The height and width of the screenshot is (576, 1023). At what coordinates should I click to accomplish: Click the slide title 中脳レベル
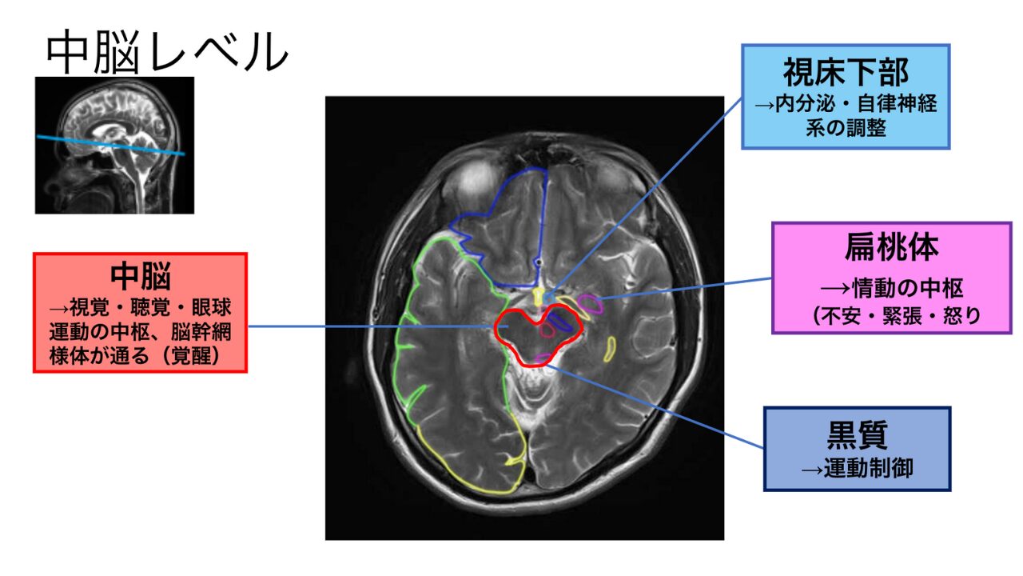tap(166, 53)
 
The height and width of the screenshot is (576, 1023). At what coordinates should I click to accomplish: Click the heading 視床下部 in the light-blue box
tap(846, 73)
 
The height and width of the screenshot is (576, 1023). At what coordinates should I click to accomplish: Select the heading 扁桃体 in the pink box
tap(891, 249)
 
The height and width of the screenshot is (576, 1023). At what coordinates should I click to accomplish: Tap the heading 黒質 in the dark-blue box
tap(857, 436)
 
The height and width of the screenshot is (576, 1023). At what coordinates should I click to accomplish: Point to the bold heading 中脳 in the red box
tap(140, 276)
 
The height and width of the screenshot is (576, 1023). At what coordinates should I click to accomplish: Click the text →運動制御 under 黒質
tap(857, 468)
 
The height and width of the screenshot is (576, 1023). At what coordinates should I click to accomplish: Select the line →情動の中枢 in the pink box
tap(891, 287)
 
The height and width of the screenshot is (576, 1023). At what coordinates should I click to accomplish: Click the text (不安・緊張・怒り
tap(891, 316)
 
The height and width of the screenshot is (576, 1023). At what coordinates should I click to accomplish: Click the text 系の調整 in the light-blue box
tap(846, 128)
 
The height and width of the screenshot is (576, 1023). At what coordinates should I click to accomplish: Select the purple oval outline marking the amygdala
tap(590, 303)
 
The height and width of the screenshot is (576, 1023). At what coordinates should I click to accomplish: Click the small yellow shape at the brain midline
tap(539, 294)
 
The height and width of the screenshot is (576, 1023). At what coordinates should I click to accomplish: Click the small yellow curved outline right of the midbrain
tap(611, 349)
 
